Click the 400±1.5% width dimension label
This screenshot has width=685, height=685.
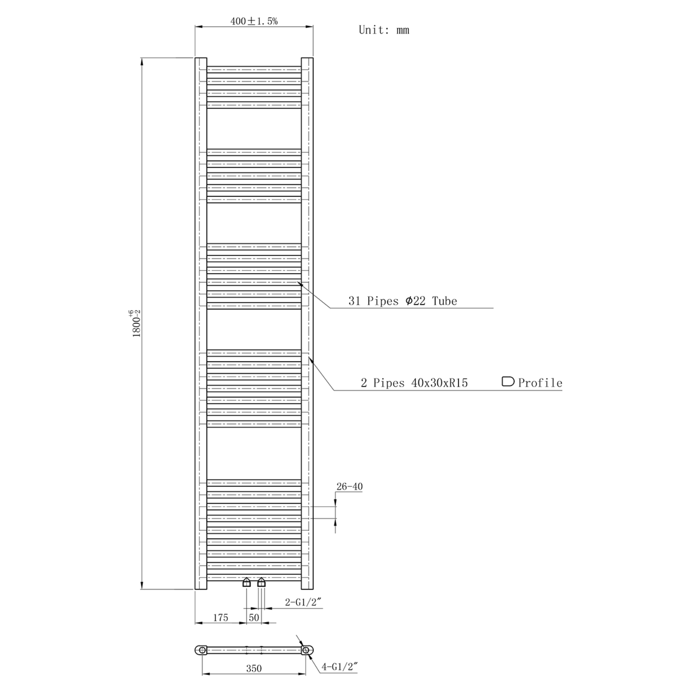click(254, 21)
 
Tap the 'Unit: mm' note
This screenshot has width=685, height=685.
click(384, 30)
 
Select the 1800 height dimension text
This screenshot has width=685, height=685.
click(136, 324)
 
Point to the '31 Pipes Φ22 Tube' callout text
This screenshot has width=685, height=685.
click(403, 301)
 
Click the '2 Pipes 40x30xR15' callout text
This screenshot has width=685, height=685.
click(414, 383)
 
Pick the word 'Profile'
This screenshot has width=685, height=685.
click(540, 383)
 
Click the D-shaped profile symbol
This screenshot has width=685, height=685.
click(507, 381)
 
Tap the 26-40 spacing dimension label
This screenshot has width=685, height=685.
click(349, 487)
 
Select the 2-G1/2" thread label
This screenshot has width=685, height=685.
click(303, 602)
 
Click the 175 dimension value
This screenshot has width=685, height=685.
click(221, 617)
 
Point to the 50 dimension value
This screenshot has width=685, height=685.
click(254, 617)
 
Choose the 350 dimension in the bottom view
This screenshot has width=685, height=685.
click(254, 669)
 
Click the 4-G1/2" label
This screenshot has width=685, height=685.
click(340, 667)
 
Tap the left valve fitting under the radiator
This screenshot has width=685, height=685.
click(246, 582)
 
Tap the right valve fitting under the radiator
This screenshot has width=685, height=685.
click(261, 582)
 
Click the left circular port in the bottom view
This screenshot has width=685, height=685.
click(202, 650)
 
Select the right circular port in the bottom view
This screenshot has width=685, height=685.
click(306, 650)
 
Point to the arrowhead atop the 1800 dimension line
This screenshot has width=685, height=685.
click(142, 61)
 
